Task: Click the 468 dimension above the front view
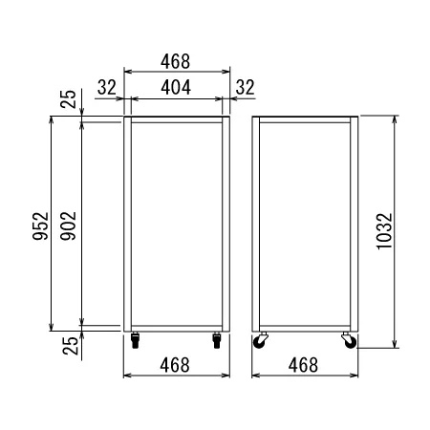pos(175,61)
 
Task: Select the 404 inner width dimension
pos(176,87)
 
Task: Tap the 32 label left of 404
pos(107,87)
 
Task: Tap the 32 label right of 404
pos(246,87)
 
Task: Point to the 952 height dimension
pos(41,226)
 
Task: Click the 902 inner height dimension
pos(69,226)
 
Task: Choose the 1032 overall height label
pos(384,231)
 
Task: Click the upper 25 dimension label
pos(69,99)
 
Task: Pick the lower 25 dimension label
pos(71,346)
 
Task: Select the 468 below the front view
pos(175,365)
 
